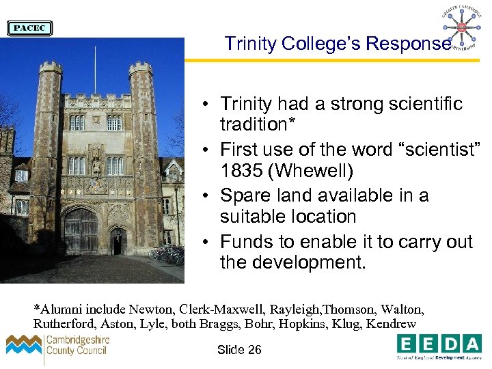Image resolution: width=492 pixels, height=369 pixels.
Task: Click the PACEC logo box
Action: [x=29, y=28]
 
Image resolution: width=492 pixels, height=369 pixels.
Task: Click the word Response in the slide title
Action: [x=408, y=44]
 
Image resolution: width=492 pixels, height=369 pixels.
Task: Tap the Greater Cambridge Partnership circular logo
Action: [x=461, y=27]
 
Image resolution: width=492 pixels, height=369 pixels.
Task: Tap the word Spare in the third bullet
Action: [x=248, y=195]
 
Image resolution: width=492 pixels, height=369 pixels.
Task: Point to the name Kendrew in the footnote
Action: [x=392, y=323]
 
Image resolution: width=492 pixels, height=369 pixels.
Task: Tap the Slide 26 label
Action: [x=239, y=350]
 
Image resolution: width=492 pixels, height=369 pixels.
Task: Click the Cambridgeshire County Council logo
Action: [x=58, y=346]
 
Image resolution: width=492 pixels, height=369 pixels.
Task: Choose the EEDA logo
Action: [x=439, y=346]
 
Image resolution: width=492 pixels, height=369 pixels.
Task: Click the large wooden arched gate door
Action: [x=81, y=231]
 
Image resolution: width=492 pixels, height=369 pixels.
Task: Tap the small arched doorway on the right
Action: [x=119, y=241]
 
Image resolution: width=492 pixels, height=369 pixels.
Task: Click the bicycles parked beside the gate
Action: [x=167, y=255]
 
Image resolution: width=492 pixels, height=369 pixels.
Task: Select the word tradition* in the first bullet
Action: [x=252, y=125]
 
